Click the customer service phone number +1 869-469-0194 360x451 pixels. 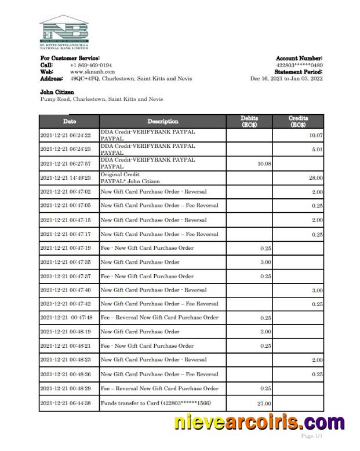[x=91, y=66]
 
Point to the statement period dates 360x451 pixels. [x=286, y=79]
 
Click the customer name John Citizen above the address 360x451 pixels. [x=57, y=92]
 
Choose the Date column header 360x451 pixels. [x=69, y=122]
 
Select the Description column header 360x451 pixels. [x=163, y=122]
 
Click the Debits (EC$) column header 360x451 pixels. [x=249, y=122]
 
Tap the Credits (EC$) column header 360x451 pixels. [x=298, y=122]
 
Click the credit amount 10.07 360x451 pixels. [x=315, y=136]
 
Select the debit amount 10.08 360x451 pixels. [x=264, y=164]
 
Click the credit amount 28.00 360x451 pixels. [x=316, y=178]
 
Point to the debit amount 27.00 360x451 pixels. [x=264, y=403]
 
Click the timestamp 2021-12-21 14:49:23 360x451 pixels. [x=66, y=178]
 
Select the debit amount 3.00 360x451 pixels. [x=266, y=262]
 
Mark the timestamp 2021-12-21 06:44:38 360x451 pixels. [x=66, y=402]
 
